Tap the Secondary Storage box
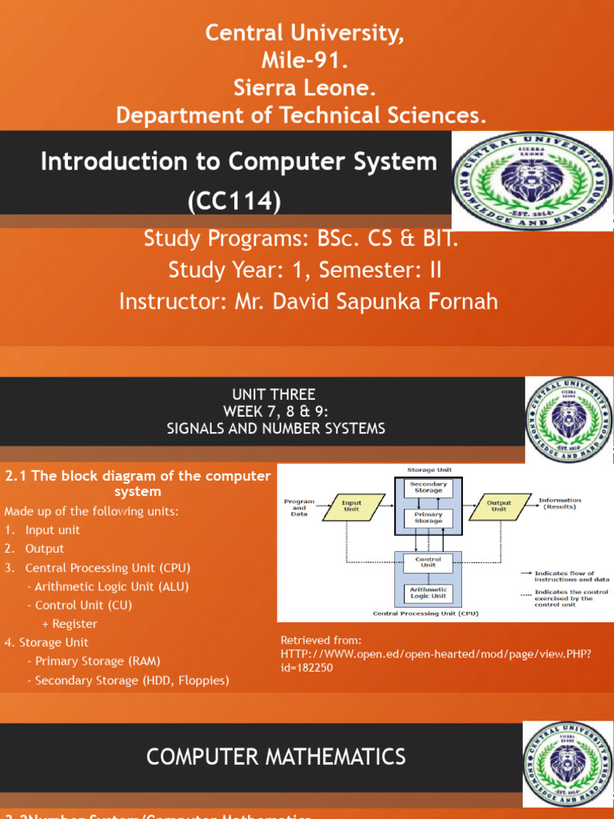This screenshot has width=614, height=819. (429, 487)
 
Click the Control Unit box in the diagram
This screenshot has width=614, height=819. (429, 562)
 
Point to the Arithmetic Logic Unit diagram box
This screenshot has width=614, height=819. (429, 593)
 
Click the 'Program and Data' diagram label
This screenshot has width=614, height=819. (299, 508)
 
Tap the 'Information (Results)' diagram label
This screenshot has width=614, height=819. (560, 503)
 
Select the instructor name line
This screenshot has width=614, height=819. (308, 302)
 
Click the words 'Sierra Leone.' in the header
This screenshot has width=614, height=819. (301, 87)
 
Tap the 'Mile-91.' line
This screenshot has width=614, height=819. (301, 60)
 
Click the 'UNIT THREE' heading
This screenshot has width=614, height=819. (275, 394)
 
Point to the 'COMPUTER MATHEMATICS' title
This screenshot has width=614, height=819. (275, 756)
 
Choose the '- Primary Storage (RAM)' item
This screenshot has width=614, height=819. (93, 661)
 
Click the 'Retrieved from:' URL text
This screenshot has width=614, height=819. (435, 654)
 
